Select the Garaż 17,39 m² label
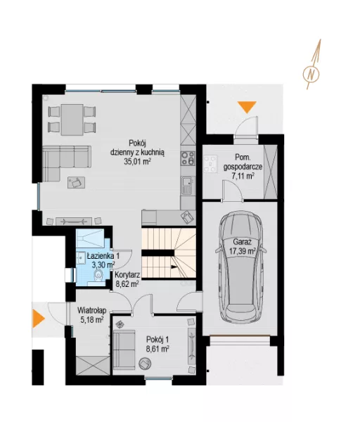click(242, 247)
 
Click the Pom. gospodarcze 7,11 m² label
click(243, 167)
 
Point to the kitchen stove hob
click(188, 158)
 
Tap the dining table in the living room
click(72, 120)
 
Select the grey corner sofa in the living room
click(66, 163)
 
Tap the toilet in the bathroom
click(98, 275)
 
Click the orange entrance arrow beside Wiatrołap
click(38, 319)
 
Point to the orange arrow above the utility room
click(247, 107)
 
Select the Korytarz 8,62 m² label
click(127, 279)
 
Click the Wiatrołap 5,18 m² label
click(91, 315)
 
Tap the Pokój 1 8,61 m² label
click(157, 344)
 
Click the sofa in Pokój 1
click(124, 350)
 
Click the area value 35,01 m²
click(137, 162)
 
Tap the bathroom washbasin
click(80, 259)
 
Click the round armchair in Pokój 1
click(145, 364)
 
